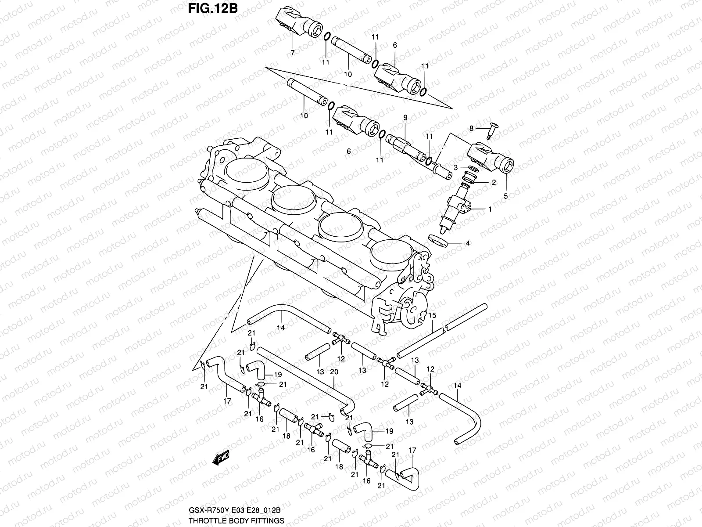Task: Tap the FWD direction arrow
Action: click(x=221, y=458)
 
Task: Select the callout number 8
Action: click(x=472, y=128)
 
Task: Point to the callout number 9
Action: click(x=405, y=117)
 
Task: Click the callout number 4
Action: click(x=468, y=243)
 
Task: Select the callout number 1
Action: click(x=490, y=209)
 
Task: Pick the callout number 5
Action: click(x=505, y=196)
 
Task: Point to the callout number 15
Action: click(x=432, y=315)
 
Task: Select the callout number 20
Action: click(x=334, y=372)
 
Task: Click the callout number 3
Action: click(x=456, y=167)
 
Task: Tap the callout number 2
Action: click(x=493, y=183)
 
